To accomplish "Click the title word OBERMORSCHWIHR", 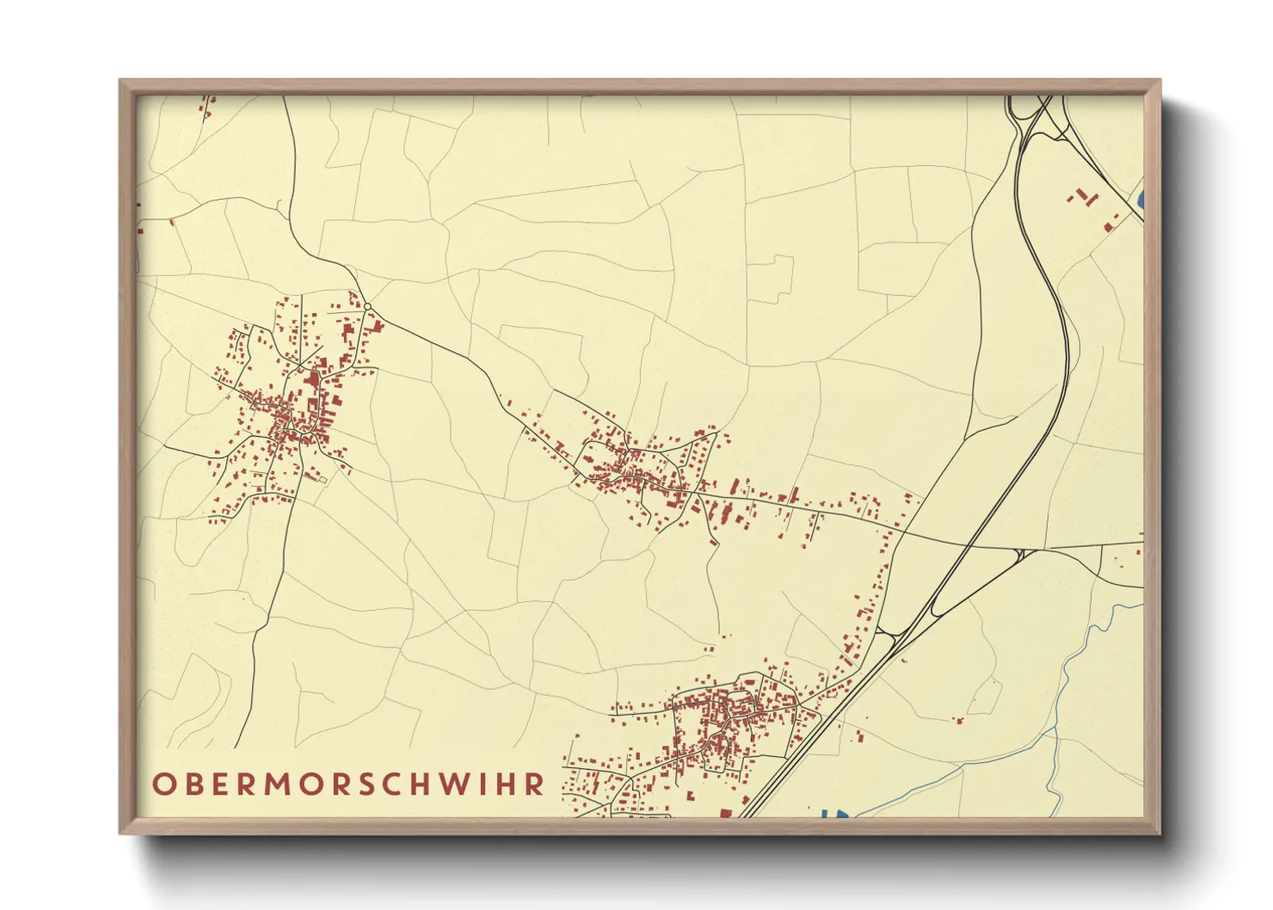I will (x=348, y=784).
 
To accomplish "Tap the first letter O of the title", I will (x=164, y=784).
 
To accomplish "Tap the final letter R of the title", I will (x=535, y=784).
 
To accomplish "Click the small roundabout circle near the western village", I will (x=367, y=307).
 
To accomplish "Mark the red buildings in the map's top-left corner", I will (x=208, y=106).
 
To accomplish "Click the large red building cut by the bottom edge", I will (x=725, y=813).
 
